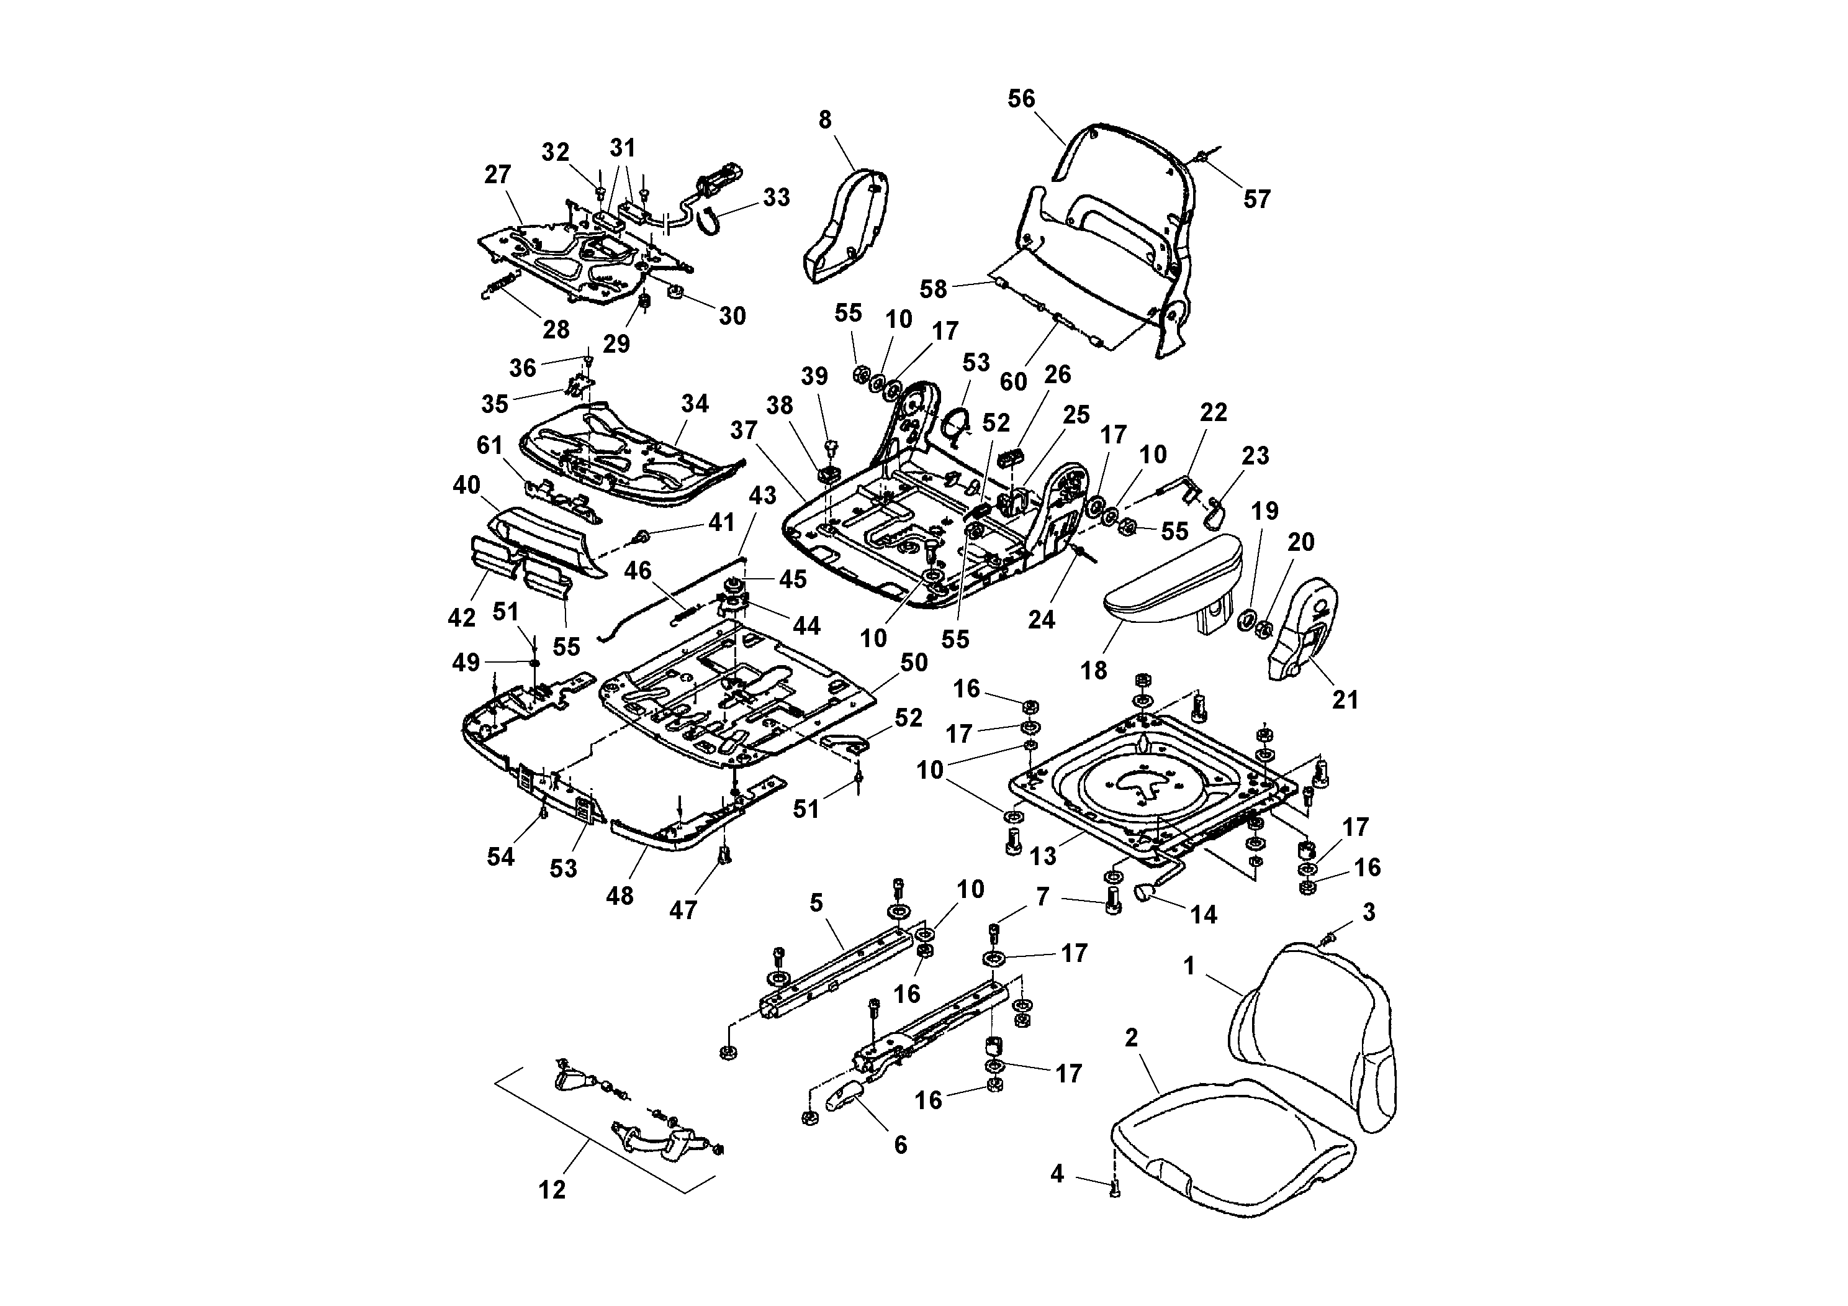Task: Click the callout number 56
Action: [1021, 98]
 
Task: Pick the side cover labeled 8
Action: [845, 225]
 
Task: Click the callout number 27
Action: [497, 174]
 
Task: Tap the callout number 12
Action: [552, 1190]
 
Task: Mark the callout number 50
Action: [914, 663]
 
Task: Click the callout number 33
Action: [776, 197]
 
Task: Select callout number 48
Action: [620, 896]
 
